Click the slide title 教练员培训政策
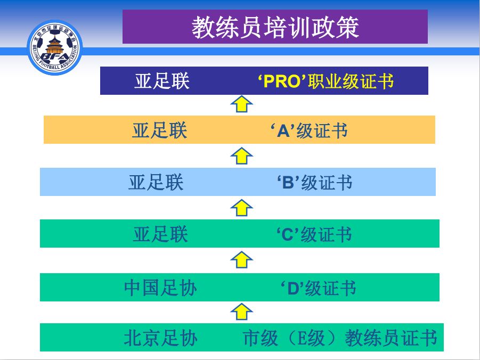click(x=275, y=28)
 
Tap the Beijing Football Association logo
click(x=55, y=47)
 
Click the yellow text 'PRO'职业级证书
click(x=326, y=81)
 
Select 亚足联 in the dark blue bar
click(x=162, y=81)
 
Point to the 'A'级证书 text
click(x=309, y=130)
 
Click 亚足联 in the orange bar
click(x=159, y=130)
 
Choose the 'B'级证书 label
click(x=315, y=183)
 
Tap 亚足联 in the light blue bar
click(x=156, y=183)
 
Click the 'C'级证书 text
click(x=314, y=235)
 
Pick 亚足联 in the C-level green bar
click(x=160, y=234)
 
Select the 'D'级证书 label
click(x=319, y=288)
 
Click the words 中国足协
click(x=160, y=288)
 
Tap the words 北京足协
click(x=161, y=338)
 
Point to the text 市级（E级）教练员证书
click(x=340, y=338)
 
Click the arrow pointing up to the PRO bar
click(x=241, y=104)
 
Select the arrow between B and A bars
click(x=241, y=156)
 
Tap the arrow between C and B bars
click(x=241, y=208)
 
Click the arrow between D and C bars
click(x=241, y=260)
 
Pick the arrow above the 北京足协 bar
click(x=241, y=312)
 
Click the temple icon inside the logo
click(x=55, y=45)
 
